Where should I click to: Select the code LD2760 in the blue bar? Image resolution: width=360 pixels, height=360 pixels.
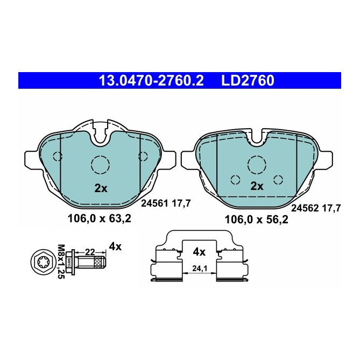pos(248,81)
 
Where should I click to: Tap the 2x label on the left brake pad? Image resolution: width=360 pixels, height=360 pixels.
pos(101,188)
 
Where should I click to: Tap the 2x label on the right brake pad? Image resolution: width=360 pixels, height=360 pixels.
pos(257,186)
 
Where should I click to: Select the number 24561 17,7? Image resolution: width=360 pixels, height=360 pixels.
pos(166,203)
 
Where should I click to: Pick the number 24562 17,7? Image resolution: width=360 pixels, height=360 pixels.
pos(316,208)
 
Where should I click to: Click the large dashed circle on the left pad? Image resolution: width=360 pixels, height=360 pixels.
pos(100,165)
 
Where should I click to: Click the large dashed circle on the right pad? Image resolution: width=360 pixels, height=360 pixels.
pos(256,163)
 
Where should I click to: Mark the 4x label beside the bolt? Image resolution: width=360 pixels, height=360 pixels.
pos(115,246)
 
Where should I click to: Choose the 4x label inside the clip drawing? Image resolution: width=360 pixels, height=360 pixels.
pos(199,251)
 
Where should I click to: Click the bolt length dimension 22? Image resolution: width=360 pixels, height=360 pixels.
pos(89,251)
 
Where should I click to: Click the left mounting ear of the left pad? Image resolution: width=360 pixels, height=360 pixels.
pos(32,159)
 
